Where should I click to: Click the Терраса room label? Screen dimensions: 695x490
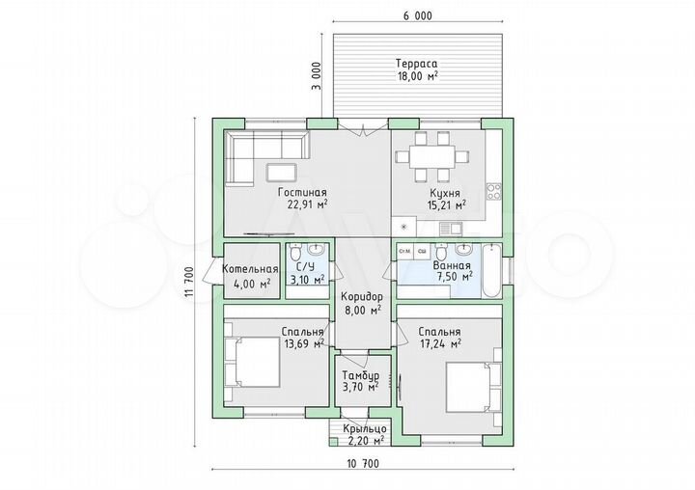(x=417, y=63)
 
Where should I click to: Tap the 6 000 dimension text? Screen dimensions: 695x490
(x=418, y=16)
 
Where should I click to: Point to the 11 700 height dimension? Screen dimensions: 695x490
(x=189, y=282)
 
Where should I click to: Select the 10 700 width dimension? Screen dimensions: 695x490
(x=363, y=464)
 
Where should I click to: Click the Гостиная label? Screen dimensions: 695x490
(x=302, y=192)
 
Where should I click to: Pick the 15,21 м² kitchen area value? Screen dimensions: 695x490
(x=446, y=204)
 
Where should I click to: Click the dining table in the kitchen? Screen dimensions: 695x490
(x=432, y=157)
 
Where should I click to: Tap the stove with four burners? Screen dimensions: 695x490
(x=494, y=191)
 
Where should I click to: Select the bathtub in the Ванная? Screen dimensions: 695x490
(x=491, y=270)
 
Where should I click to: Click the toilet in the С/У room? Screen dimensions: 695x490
(x=295, y=253)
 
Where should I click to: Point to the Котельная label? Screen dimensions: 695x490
(x=250, y=269)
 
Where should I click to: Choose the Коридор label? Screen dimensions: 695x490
(x=362, y=296)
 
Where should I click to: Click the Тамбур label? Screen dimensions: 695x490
(x=360, y=375)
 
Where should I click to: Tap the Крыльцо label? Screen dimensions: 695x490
(x=365, y=429)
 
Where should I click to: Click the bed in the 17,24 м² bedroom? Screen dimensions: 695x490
(x=473, y=387)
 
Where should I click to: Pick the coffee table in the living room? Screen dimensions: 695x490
(x=282, y=173)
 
